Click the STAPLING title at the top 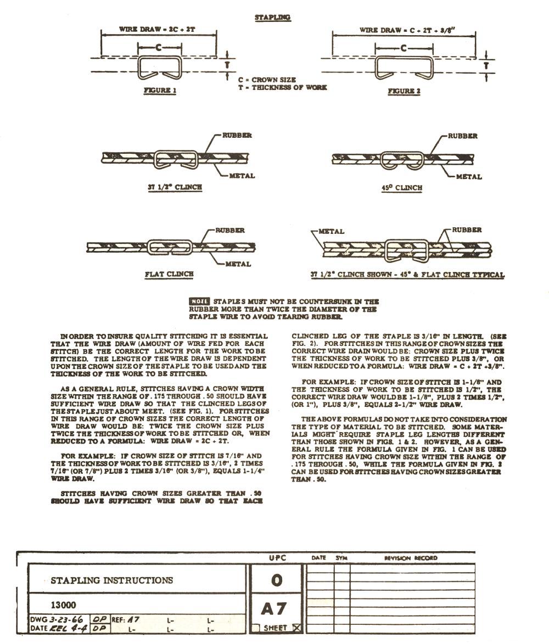[272, 17]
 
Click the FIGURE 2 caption [404, 91]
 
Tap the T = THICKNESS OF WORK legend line [282, 87]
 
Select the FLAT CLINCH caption [169, 273]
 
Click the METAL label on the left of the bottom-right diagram [331, 231]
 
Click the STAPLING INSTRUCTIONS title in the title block [111, 580]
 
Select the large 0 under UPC [277, 580]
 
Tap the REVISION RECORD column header [410, 558]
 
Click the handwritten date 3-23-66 [66, 619]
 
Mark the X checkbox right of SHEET [297, 628]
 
